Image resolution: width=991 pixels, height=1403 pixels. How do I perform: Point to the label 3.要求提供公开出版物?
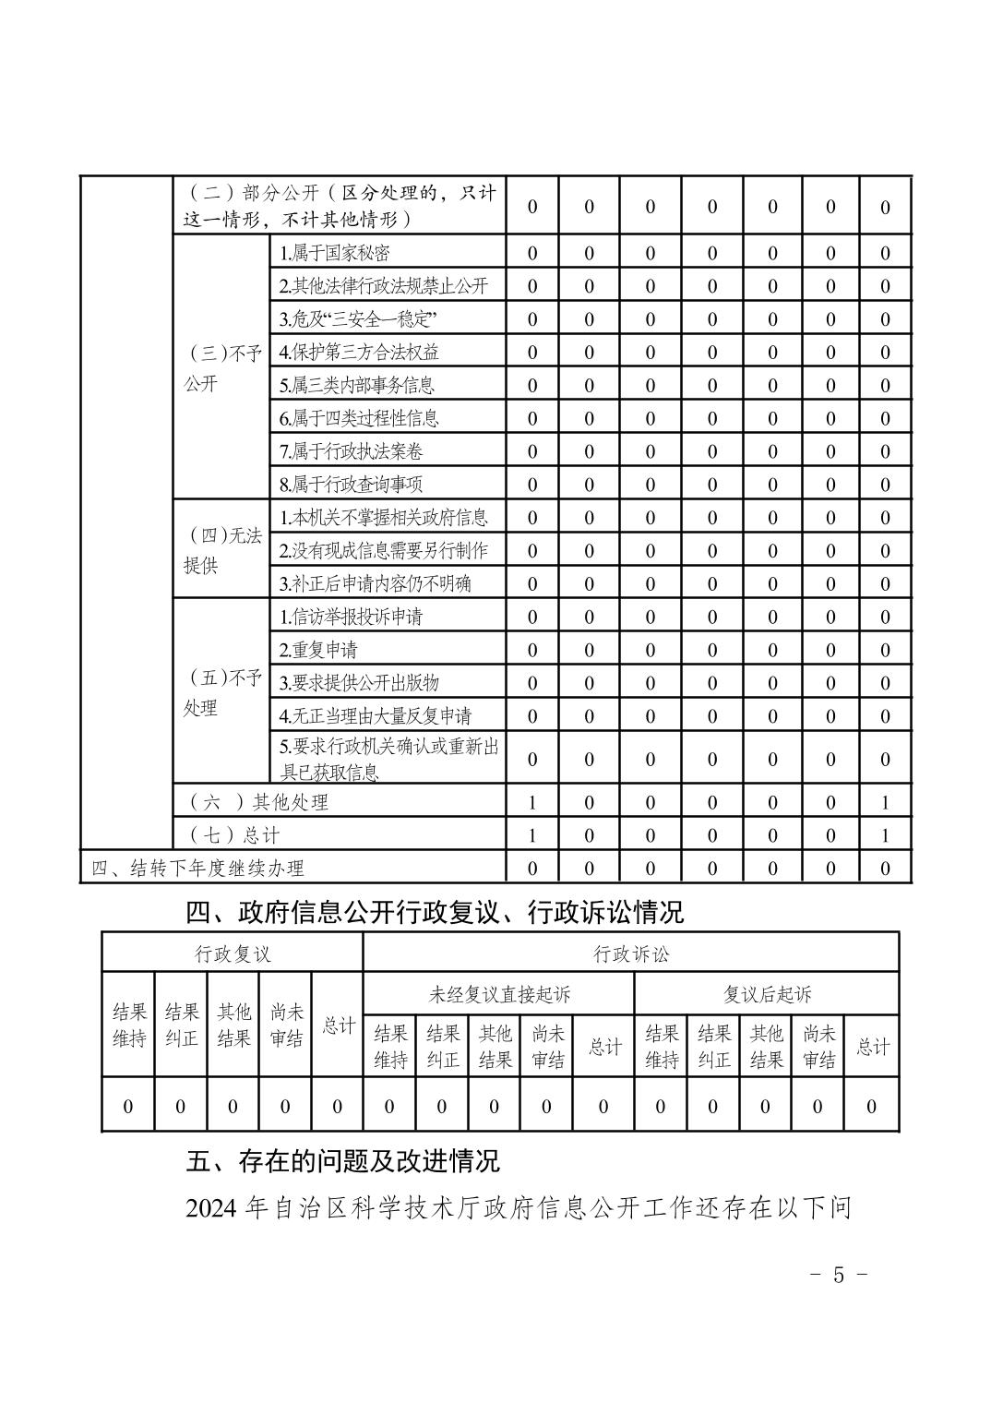pos(359,683)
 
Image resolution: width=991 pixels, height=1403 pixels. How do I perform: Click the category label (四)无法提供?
pos(221,550)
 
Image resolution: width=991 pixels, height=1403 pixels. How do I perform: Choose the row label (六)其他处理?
pos(258,802)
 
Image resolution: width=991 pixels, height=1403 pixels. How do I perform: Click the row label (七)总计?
pos(234,835)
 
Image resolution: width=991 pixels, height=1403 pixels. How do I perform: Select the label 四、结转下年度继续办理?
pos(197,869)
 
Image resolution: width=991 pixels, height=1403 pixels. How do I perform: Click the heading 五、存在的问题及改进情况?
pos(342,1160)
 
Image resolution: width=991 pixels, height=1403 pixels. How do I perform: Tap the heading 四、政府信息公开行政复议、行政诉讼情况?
pos(435,913)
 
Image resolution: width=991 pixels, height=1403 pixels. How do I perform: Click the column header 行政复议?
pos(233,953)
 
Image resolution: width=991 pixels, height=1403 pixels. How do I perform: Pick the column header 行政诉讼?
pos(631,953)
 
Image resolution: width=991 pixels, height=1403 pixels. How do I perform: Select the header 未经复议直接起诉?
pos(499,994)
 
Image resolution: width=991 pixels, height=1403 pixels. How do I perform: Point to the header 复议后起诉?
pos(767,994)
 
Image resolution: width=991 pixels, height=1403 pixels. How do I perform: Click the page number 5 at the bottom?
pos(838,1275)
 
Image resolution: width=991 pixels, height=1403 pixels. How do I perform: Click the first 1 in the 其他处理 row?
pos(532,803)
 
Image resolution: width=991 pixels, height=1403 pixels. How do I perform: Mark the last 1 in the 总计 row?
pos(885,836)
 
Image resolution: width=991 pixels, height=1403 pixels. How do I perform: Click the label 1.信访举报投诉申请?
pos(351,617)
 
